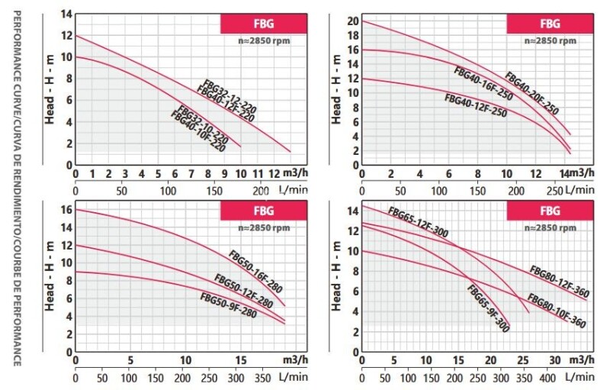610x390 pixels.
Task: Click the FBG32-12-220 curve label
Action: pyautogui.click(x=230, y=96)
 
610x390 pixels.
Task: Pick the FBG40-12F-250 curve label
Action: pyautogui.click(x=475, y=105)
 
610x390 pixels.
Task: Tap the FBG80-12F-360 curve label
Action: pyautogui.click(x=558, y=281)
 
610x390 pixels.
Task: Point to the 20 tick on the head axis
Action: pyautogui.click(x=352, y=21)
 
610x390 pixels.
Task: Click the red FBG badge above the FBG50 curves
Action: pyautogui.click(x=263, y=210)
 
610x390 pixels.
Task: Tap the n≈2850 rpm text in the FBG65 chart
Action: pyautogui.click(x=551, y=227)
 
